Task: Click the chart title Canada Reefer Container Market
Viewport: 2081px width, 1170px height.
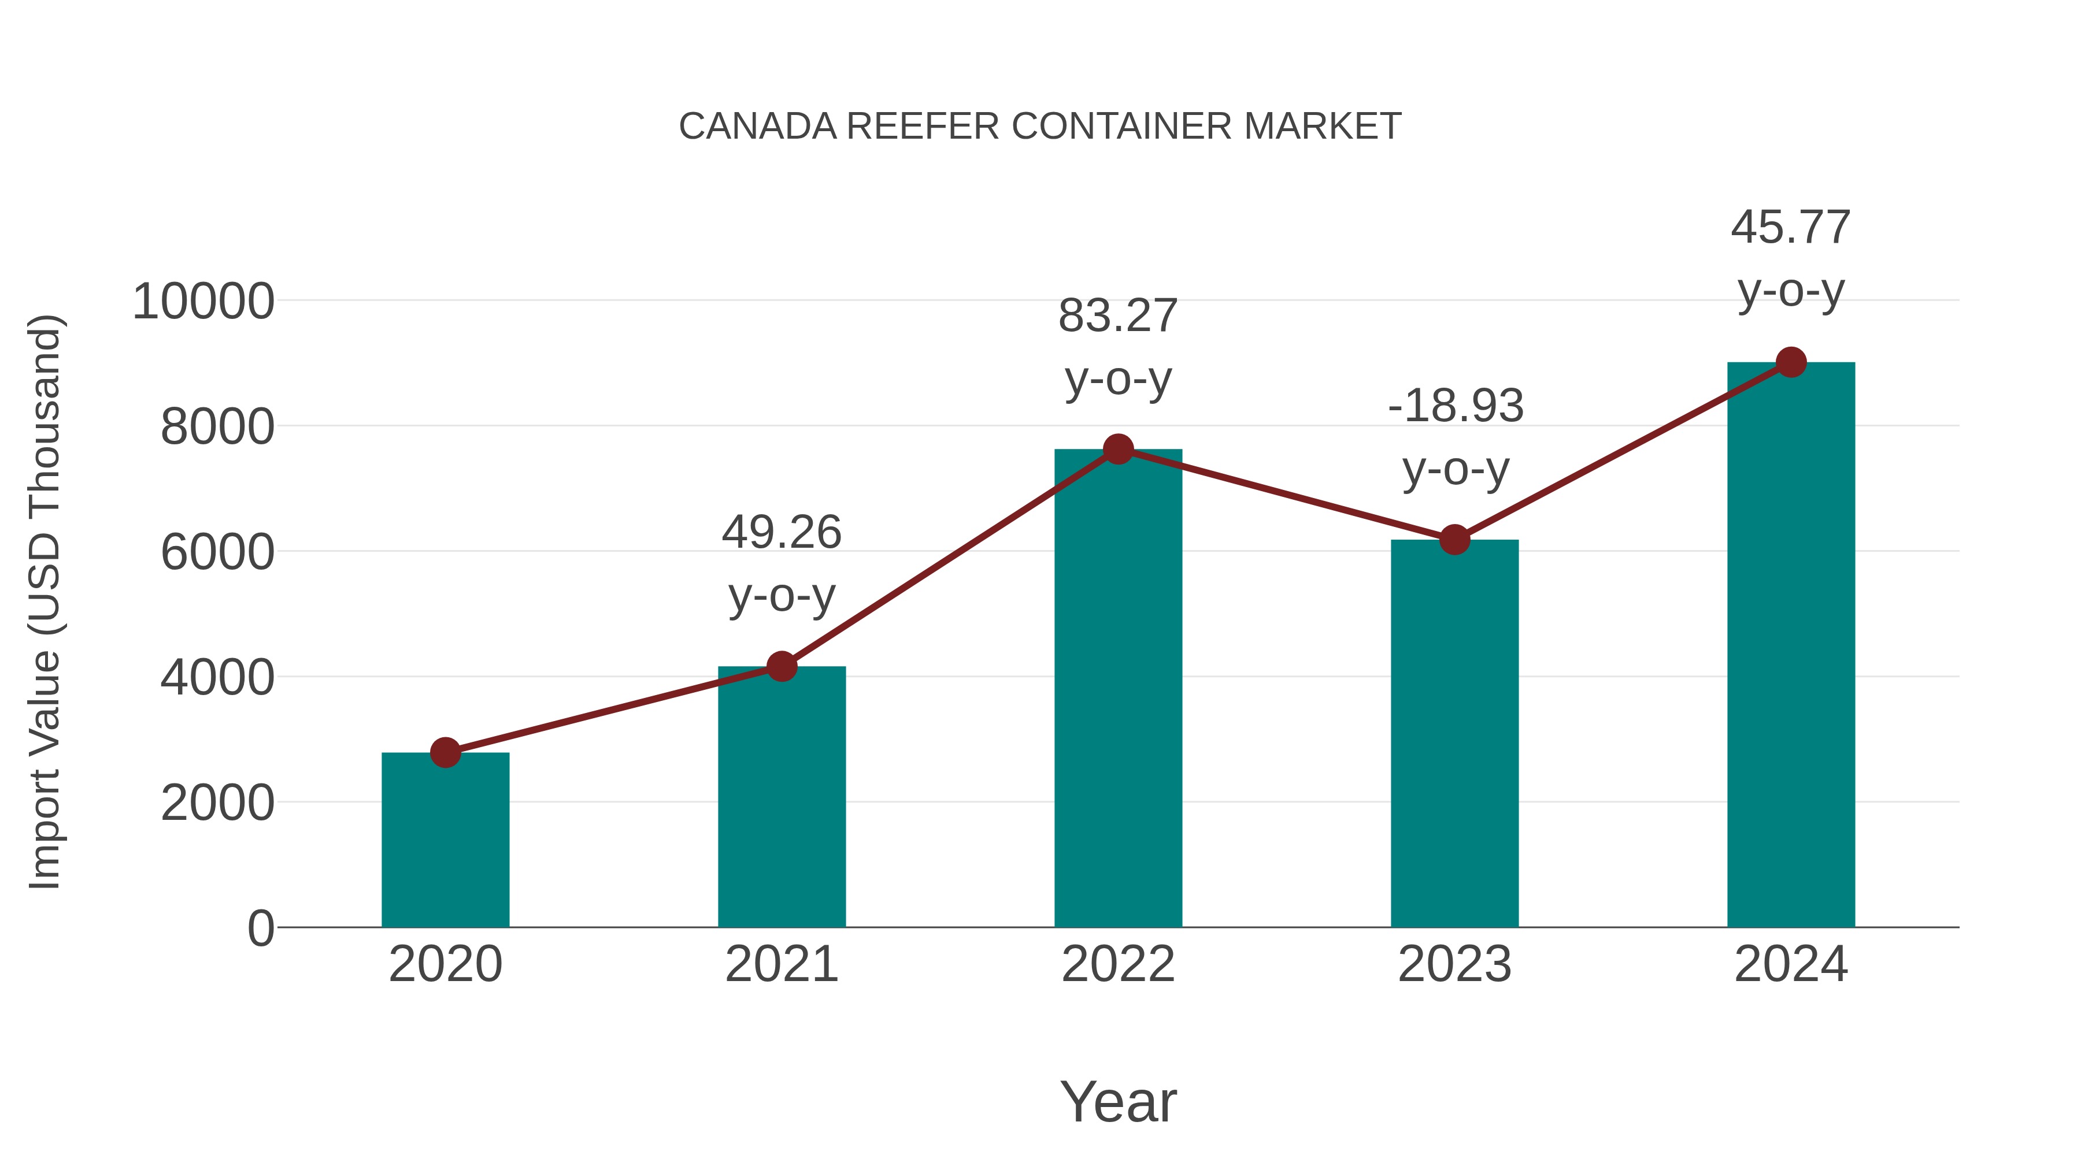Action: (1040, 127)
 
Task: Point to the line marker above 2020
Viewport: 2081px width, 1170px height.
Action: (445, 752)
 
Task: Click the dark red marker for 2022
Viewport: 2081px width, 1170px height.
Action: (1118, 449)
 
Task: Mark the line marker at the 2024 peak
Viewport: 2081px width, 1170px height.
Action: (1791, 362)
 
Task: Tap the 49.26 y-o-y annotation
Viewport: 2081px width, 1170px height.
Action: (781, 563)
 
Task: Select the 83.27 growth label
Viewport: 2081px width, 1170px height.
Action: (1118, 347)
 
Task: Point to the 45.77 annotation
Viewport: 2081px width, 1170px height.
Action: (1791, 258)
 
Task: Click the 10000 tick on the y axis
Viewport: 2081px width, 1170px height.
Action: (203, 302)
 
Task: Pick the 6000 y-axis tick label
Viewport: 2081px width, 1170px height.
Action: (217, 553)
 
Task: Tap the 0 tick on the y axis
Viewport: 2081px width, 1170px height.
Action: (260, 928)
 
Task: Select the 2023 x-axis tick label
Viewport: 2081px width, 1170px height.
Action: (1454, 964)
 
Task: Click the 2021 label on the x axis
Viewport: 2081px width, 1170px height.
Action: (781, 964)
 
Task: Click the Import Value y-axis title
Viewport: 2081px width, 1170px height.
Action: (45, 601)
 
